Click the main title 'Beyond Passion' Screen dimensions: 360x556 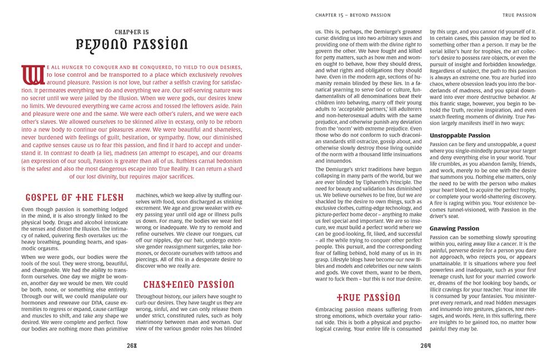coord(131,44)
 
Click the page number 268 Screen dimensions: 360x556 coord(132,342)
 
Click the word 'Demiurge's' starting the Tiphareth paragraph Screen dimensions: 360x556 coord(338,169)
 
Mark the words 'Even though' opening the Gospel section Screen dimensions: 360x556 coord(37,209)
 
